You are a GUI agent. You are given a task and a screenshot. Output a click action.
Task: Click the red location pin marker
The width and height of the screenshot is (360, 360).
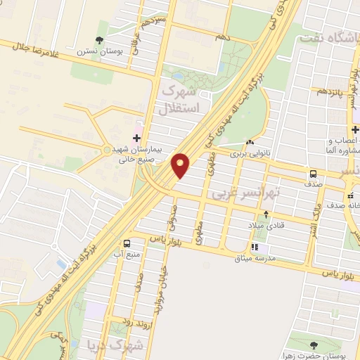click(181, 165)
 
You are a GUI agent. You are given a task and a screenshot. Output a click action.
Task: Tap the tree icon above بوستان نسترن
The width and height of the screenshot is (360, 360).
click(99, 40)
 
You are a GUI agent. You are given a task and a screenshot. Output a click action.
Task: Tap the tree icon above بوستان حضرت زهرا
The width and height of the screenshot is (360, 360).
click(314, 345)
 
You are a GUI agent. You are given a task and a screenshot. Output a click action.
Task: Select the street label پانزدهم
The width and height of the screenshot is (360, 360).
click(330, 91)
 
